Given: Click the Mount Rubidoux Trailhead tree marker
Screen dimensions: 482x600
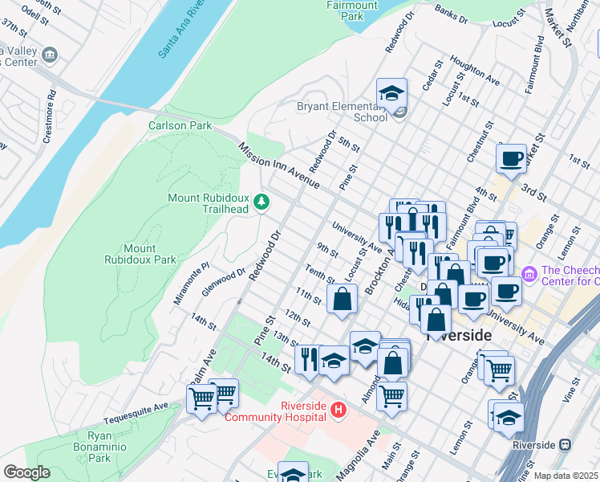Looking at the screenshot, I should tap(261, 202).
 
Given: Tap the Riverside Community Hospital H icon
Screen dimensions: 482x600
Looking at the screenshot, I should tap(338, 411).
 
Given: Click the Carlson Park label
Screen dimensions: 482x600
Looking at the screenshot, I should tap(180, 126).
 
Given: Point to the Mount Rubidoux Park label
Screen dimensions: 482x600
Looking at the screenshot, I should tap(140, 254).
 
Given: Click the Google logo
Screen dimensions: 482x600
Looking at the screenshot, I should tap(26, 472).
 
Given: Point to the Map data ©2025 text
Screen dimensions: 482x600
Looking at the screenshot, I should tap(565, 476).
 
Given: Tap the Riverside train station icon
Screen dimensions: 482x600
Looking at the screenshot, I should tap(566, 445).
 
